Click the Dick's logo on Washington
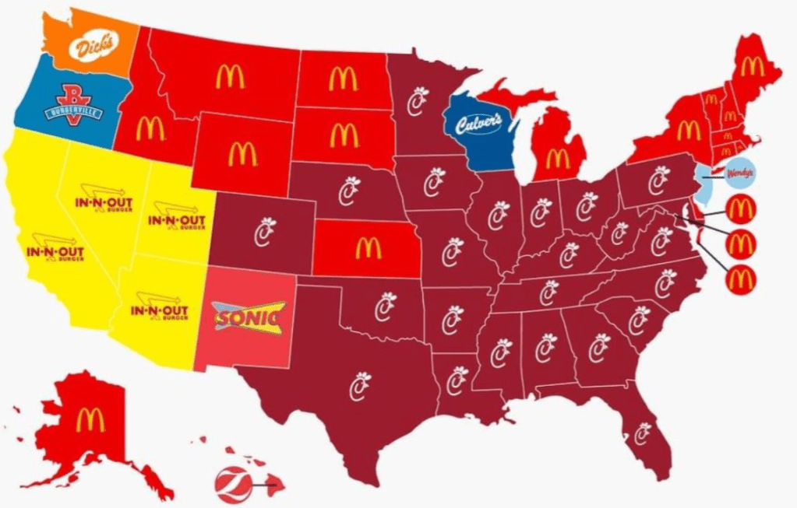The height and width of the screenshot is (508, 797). [94, 47]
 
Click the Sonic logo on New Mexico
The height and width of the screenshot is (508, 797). [249, 318]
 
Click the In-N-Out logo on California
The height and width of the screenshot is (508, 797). [55, 254]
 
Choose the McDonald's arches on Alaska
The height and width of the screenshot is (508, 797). [90, 419]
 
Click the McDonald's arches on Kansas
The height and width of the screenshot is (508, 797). [368, 248]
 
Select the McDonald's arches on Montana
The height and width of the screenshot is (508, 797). [230, 76]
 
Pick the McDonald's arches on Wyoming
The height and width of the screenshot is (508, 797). [242, 154]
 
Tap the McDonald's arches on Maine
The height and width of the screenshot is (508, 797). [752, 65]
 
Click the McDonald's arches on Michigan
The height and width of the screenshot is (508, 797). [557, 158]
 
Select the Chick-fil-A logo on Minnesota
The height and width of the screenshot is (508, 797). [420, 101]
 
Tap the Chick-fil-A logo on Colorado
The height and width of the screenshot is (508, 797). [266, 230]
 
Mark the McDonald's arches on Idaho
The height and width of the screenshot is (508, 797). [150, 128]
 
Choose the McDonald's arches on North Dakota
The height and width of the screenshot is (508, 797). [343, 78]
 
